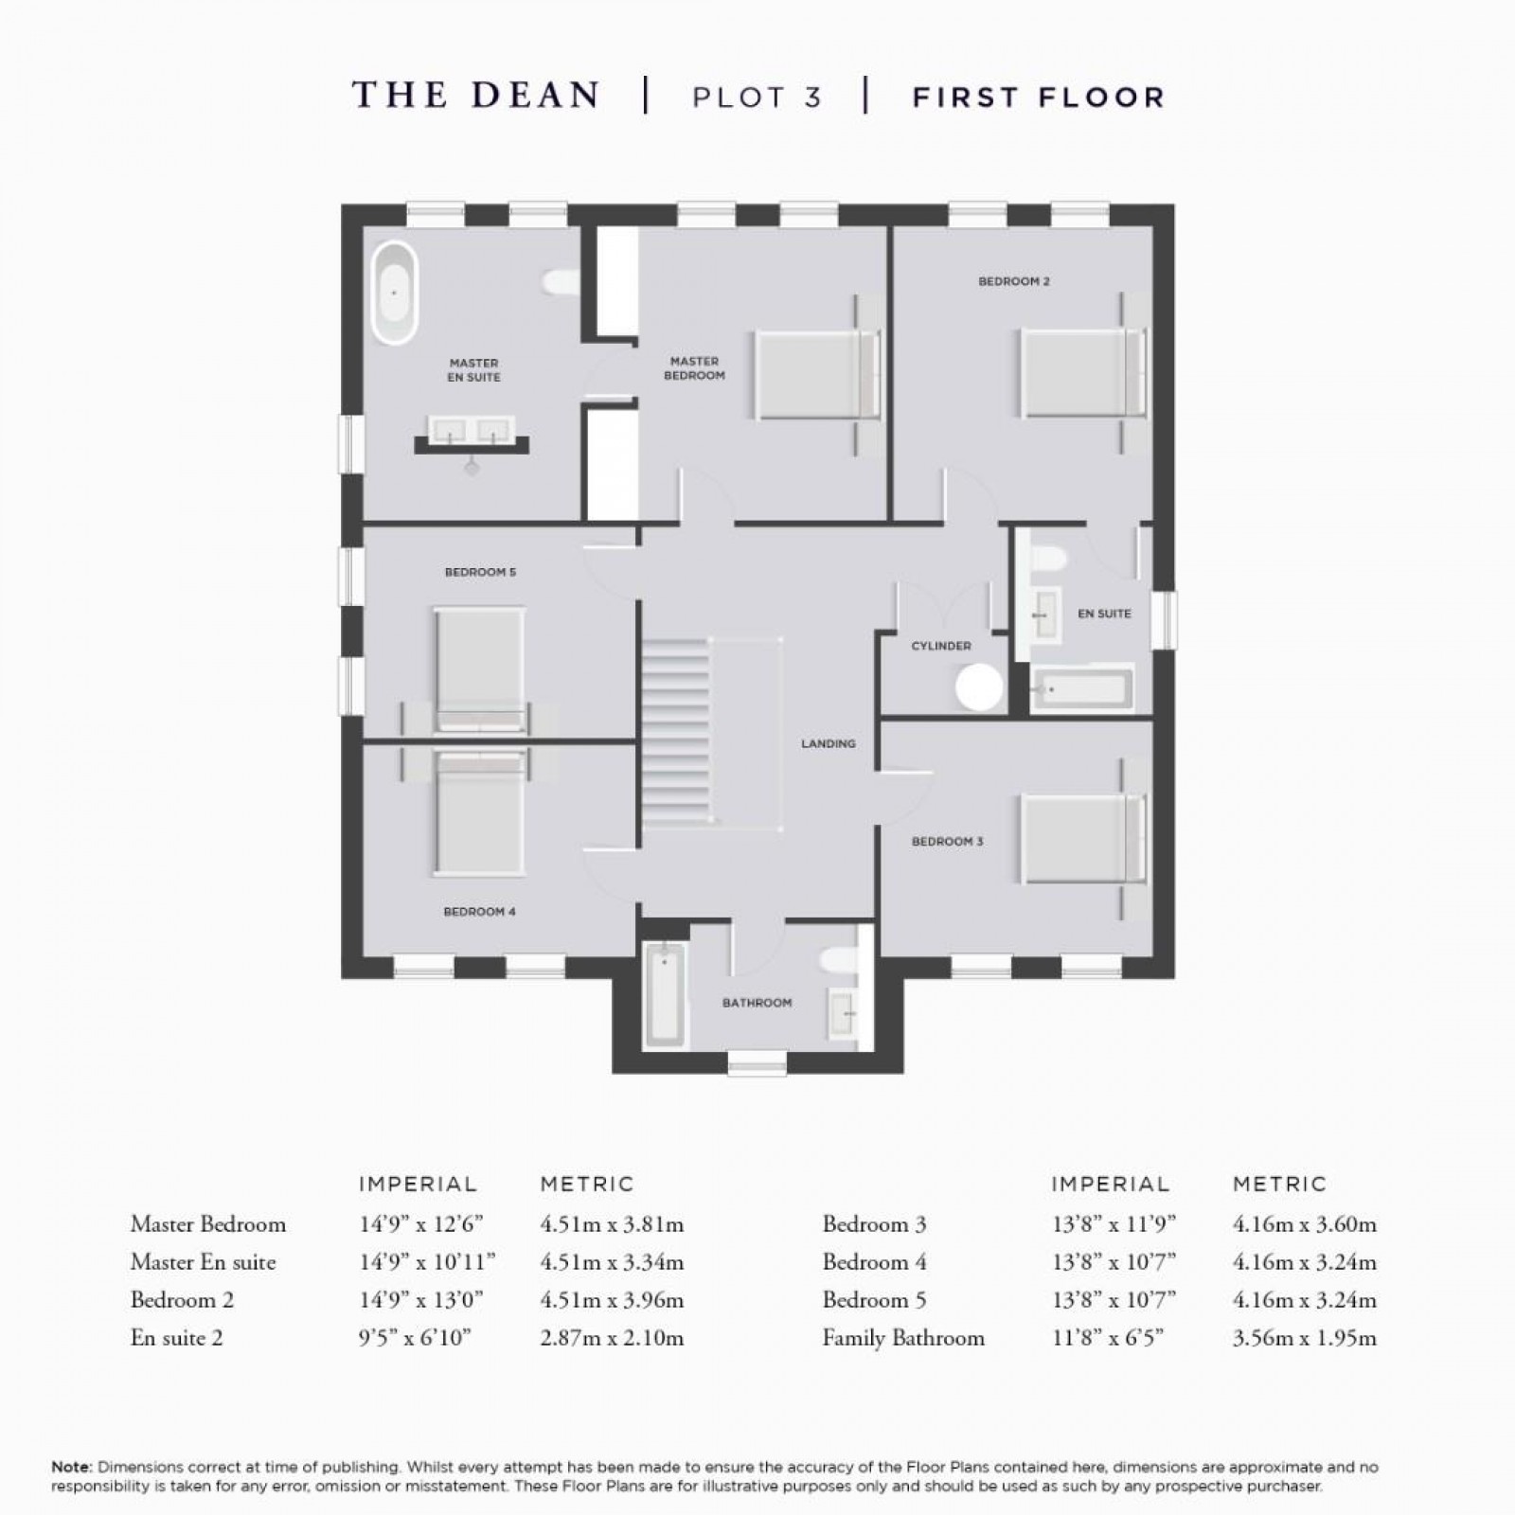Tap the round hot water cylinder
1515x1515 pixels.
pyautogui.click(x=979, y=686)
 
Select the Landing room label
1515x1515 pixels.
pyautogui.click(x=828, y=744)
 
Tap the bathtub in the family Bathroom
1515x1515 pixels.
pyautogui.click(x=665, y=994)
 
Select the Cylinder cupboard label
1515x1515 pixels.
pyautogui.click(x=941, y=646)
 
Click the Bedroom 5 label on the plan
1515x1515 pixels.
pyautogui.click(x=480, y=572)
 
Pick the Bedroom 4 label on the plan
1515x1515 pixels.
pyautogui.click(x=479, y=912)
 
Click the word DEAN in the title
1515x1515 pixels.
pyautogui.click(x=536, y=96)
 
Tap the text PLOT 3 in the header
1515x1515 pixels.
pyautogui.click(x=757, y=98)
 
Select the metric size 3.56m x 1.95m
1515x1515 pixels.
pyautogui.click(x=1304, y=1338)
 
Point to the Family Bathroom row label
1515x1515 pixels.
pyautogui.click(x=903, y=1338)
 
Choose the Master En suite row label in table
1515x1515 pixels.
pyautogui.click(x=203, y=1262)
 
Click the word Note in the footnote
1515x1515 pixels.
pyautogui.click(x=70, y=1468)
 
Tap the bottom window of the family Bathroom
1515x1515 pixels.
pyautogui.click(x=757, y=1066)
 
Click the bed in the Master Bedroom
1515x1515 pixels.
pyautogui.click(x=816, y=373)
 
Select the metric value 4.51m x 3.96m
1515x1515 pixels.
pyautogui.click(x=611, y=1300)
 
